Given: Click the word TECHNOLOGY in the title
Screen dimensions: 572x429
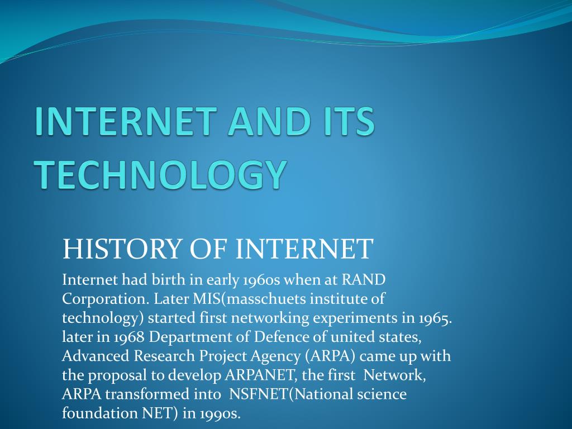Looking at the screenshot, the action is [x=160, y=174].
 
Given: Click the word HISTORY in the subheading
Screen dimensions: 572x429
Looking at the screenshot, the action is [x=122, y=249].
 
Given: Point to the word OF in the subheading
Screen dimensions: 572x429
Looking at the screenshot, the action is [x=208, y=249].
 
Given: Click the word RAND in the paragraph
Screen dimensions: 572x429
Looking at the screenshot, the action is [x=364, y=280].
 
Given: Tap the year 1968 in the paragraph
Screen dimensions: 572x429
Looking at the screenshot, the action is [x=129, y=337].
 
